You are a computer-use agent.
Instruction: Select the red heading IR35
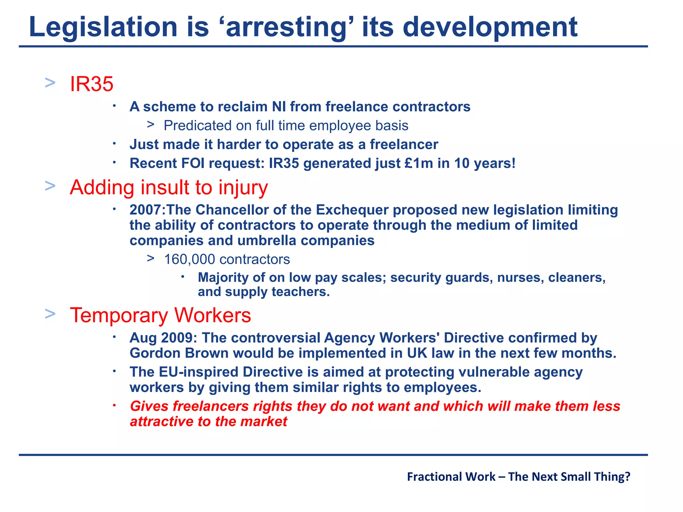pos(92,84)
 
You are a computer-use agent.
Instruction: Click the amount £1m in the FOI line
pos(419,163)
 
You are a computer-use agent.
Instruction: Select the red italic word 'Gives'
pos(149,406)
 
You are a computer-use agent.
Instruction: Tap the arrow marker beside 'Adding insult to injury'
pos(50,186)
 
